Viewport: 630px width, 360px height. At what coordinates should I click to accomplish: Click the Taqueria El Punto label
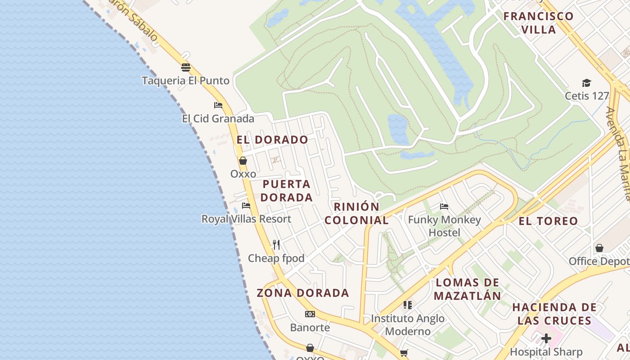(x=185, y=81)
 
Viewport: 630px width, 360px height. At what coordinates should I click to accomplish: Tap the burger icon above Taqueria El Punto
(x=186, y=67)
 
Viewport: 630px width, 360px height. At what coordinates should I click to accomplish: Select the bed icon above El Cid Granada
(x=218, y=105)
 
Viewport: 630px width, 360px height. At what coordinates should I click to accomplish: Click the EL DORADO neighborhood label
(x=272, y=139)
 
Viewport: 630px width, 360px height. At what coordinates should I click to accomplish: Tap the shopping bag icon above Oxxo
(x=243, y=161)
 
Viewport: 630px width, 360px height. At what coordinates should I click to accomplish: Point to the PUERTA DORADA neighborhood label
(x=287, y=191)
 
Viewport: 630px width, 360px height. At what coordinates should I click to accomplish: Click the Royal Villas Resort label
(x=246, y=219)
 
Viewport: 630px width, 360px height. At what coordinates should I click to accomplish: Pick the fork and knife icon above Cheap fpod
(x=276, y=245)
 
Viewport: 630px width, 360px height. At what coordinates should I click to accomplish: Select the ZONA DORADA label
(x=303, y=293)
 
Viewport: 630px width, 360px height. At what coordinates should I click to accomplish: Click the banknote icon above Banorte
(x=310, y=314)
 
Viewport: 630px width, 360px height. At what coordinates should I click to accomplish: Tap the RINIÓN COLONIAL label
(x=357, y=213)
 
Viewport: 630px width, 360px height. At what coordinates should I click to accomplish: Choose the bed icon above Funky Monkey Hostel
(x=444, y=207)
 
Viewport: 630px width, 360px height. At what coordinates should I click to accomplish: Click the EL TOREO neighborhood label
(x=548, y=221)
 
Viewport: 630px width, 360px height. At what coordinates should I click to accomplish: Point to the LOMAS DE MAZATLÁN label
(x=468, y=289)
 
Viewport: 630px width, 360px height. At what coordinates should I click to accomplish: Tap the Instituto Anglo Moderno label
(x=408, y=325)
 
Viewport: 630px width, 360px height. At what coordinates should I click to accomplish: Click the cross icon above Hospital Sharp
(x=546, y=338)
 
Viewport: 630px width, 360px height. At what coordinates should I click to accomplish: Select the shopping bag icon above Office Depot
(x=599, y=248)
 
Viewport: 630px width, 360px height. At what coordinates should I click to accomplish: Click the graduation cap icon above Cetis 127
(x=586, y=83)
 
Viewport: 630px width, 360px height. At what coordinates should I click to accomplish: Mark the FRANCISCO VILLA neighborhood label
(x=539, y=23)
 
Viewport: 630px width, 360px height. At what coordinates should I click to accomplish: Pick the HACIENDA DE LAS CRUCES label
(x=554, y=314)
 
